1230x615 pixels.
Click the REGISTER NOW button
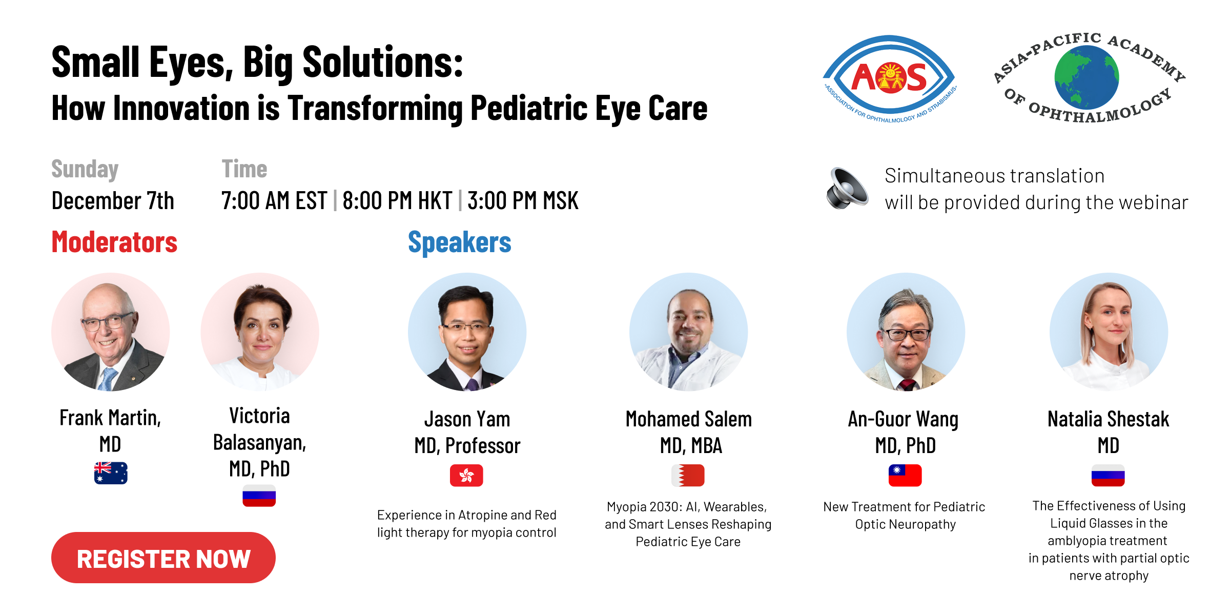pyautogui.click(x=163, y=558)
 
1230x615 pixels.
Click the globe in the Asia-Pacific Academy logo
pyautogui.click(x=1086, y=77)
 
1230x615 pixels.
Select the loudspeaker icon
pyautogui.click(x=847, y=188)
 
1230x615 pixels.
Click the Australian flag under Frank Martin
pyautogui.click(x=111, y=473)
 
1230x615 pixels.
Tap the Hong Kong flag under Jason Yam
pyautogui.click(x=466, y=476)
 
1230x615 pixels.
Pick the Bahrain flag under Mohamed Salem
pyautogui.click(x=688, y=476)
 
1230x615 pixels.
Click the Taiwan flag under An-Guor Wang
pyautogui.click(x=905, y=476)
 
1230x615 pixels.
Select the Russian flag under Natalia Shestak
pyautogui.click(x=1108, y=476)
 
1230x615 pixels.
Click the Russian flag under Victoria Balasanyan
pyautogui.click(x=259, y=496)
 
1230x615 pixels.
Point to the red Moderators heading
pyautogui.click(x=114, y=242)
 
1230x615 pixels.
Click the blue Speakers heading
pyautogui.click(x=460, y=242)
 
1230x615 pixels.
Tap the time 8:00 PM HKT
pyautogui.click(x=397, y=200)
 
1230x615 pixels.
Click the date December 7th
pyautogui.click(x=113, y=200)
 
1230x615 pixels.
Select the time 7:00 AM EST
pyautogui.click(x=274, y=200)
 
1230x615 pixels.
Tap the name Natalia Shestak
pyautogui.click(x=1108, y=419)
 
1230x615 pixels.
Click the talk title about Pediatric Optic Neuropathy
pyautogui.click(x=905, y=516)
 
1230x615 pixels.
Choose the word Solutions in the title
pyautogui.click(x=383, y=62)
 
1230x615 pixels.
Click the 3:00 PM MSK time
pyautogui.click(x=523, y=200)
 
